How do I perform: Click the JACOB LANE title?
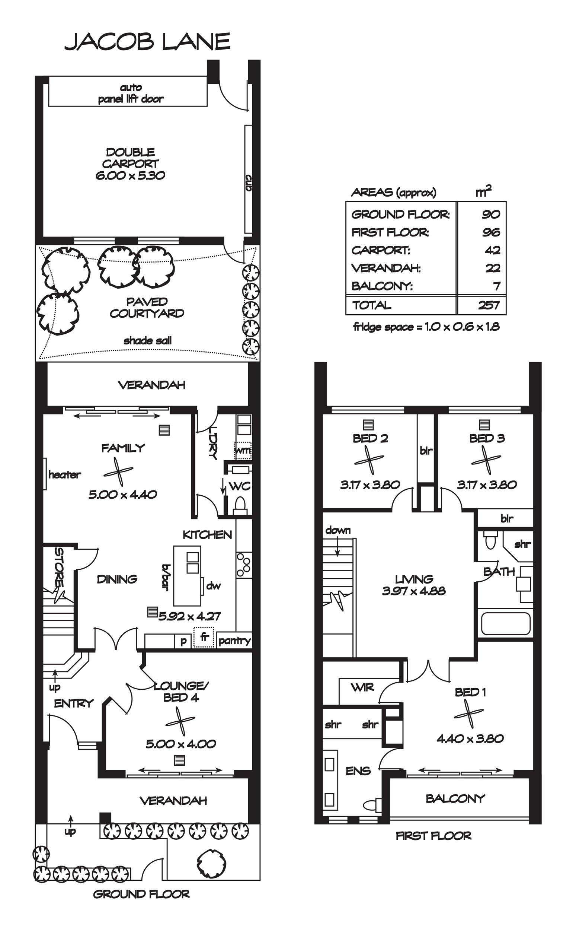pyautogui.click(x=147, y=42)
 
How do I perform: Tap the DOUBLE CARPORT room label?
pyautogui.click(x=130, y=158)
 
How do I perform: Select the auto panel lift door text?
pyautogui.click(x=131, y=93)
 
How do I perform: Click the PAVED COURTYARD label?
pyautogui.click(x=147, y=307)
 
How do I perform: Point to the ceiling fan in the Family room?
pyautogui.click(x=118, y=472)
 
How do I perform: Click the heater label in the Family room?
pyautogui.click(x=65, y=474)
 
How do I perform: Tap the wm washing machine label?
pyautogui.click(x=243, y=450)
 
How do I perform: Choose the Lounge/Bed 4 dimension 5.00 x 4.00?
pyautogui.click(x=181, y=744)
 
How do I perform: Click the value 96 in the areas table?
pyautogui.click(x=491, y=232)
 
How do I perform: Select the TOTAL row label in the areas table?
pyautogui.click(x=371, y=305)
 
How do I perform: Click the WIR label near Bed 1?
pyautogui.click(x=362, y=687)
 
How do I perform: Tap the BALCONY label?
pyautogui.click(x=455, y=798)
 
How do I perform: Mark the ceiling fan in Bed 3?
pyautogui.click(x=486, y=460)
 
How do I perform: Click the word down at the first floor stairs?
pyautogui.click(x=338, y=530)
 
